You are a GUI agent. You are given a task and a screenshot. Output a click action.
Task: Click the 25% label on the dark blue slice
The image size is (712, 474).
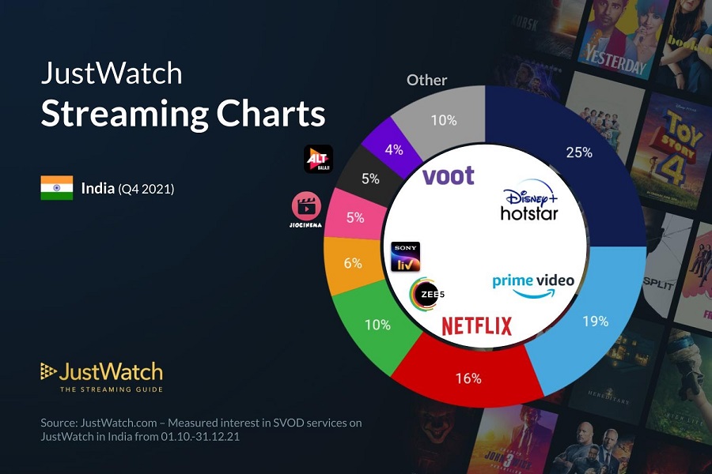click(579, 152)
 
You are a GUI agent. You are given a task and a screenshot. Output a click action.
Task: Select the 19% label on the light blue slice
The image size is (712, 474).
click(595, 322)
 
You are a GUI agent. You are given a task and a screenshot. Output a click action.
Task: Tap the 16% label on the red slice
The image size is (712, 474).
click(468, 378)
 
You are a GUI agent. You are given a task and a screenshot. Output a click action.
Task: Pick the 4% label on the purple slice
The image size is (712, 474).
click(394, 149)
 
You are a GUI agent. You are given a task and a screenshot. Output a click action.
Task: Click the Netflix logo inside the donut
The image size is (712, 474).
click(476, 325)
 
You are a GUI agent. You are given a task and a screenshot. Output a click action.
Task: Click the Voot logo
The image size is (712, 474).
click(449, 175)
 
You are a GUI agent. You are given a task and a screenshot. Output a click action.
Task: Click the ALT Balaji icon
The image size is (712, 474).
click(318, 159)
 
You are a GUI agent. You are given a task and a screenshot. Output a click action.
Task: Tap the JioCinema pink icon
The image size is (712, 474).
click(306, 208)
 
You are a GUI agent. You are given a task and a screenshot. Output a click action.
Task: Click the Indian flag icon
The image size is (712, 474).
click(57, 188)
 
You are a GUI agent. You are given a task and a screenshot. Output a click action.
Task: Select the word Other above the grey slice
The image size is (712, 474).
click(426, 80)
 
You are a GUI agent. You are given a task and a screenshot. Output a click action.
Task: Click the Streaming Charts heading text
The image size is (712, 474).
click(183, 114)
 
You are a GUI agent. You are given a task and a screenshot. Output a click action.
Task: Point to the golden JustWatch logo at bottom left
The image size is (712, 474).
click(101, 376)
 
